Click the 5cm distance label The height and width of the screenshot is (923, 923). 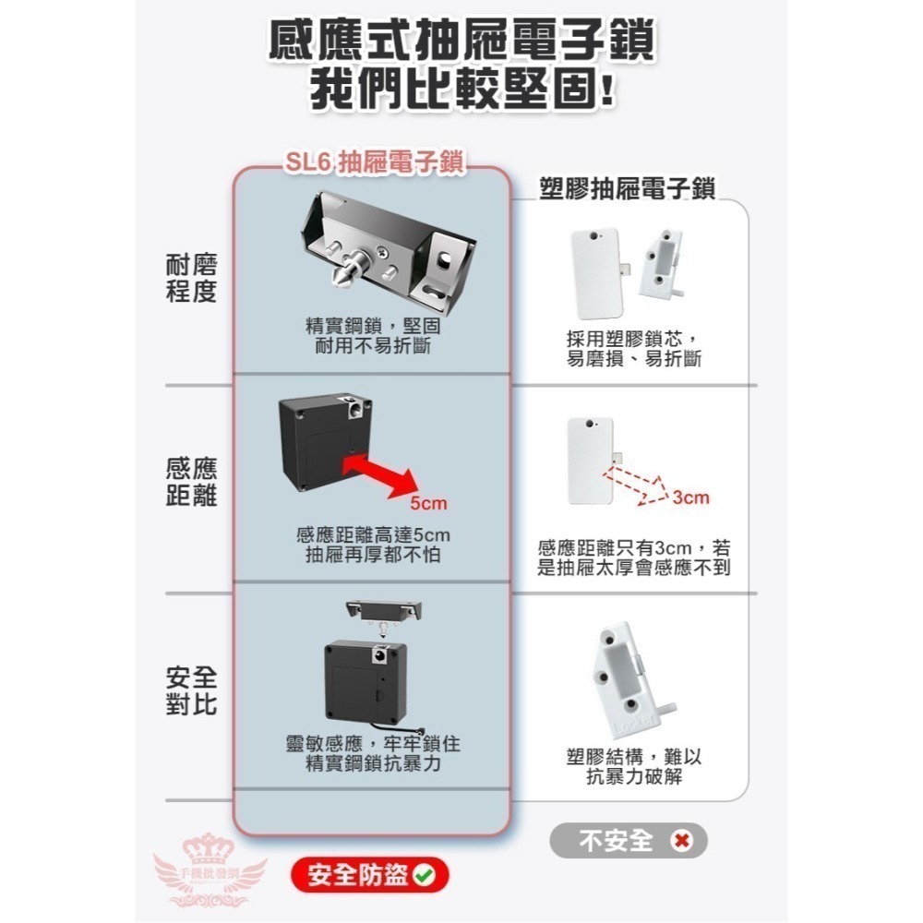[x=428, y=504]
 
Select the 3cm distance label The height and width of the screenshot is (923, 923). [x=690, y=498]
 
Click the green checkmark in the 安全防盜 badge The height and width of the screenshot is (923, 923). [x=426, y=874]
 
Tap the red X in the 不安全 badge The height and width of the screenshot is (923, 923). [x=682, y=841]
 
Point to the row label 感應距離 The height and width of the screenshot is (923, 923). [x=191, y=482]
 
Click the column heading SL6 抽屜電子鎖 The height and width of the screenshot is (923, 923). [x=373, y=163]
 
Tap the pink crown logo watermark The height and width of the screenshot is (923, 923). [x=210, y=864]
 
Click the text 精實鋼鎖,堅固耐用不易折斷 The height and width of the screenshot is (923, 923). [x=373, y=336]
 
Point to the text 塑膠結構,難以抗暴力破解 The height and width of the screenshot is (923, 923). [x=633, y=767]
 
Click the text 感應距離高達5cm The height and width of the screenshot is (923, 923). [x=373, y=535]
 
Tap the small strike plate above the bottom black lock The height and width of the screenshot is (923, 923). [x=382, y=608]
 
